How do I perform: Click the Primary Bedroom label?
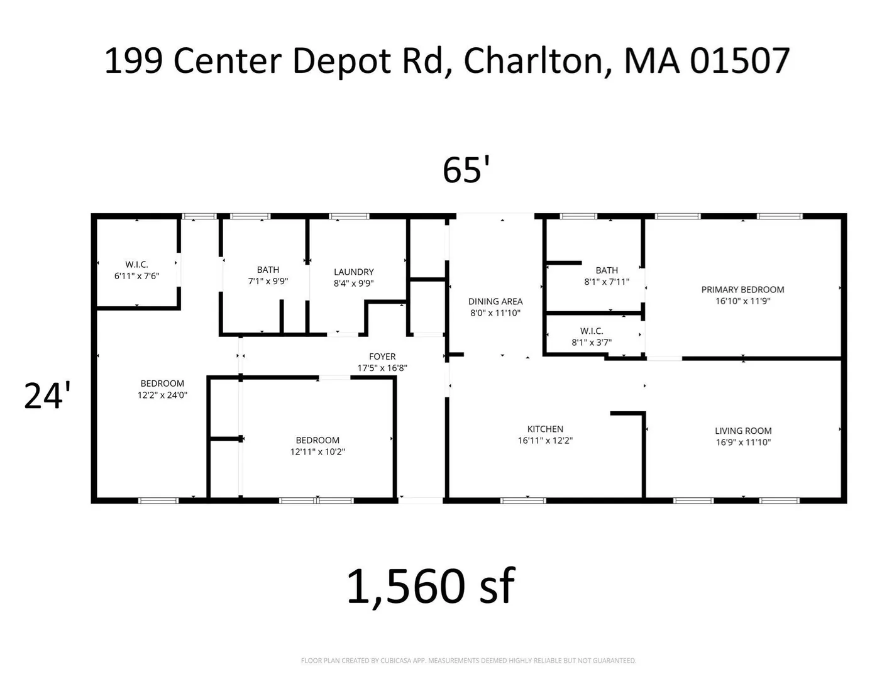point(742,289)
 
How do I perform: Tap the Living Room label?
point(743,431)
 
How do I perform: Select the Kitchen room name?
point(545,429)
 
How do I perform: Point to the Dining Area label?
point(495,301)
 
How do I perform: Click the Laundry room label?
point(353,272)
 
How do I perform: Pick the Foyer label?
point(382,356)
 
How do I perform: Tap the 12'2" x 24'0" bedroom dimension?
point(162,395)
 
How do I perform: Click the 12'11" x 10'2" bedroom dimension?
point(317,451)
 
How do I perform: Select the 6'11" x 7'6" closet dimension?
point(136,276)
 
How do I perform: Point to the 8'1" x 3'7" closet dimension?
point(592,342)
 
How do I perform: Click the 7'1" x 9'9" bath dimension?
point(268,281)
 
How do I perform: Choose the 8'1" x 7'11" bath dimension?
point(607,282)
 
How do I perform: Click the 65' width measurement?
point(466,170)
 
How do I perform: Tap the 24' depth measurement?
point(47,395)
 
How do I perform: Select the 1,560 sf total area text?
point(431,587)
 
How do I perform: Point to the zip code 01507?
point(739,61)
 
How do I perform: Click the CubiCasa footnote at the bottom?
point(468,661)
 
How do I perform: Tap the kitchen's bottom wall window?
point(523,501)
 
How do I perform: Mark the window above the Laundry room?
point(349,216)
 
